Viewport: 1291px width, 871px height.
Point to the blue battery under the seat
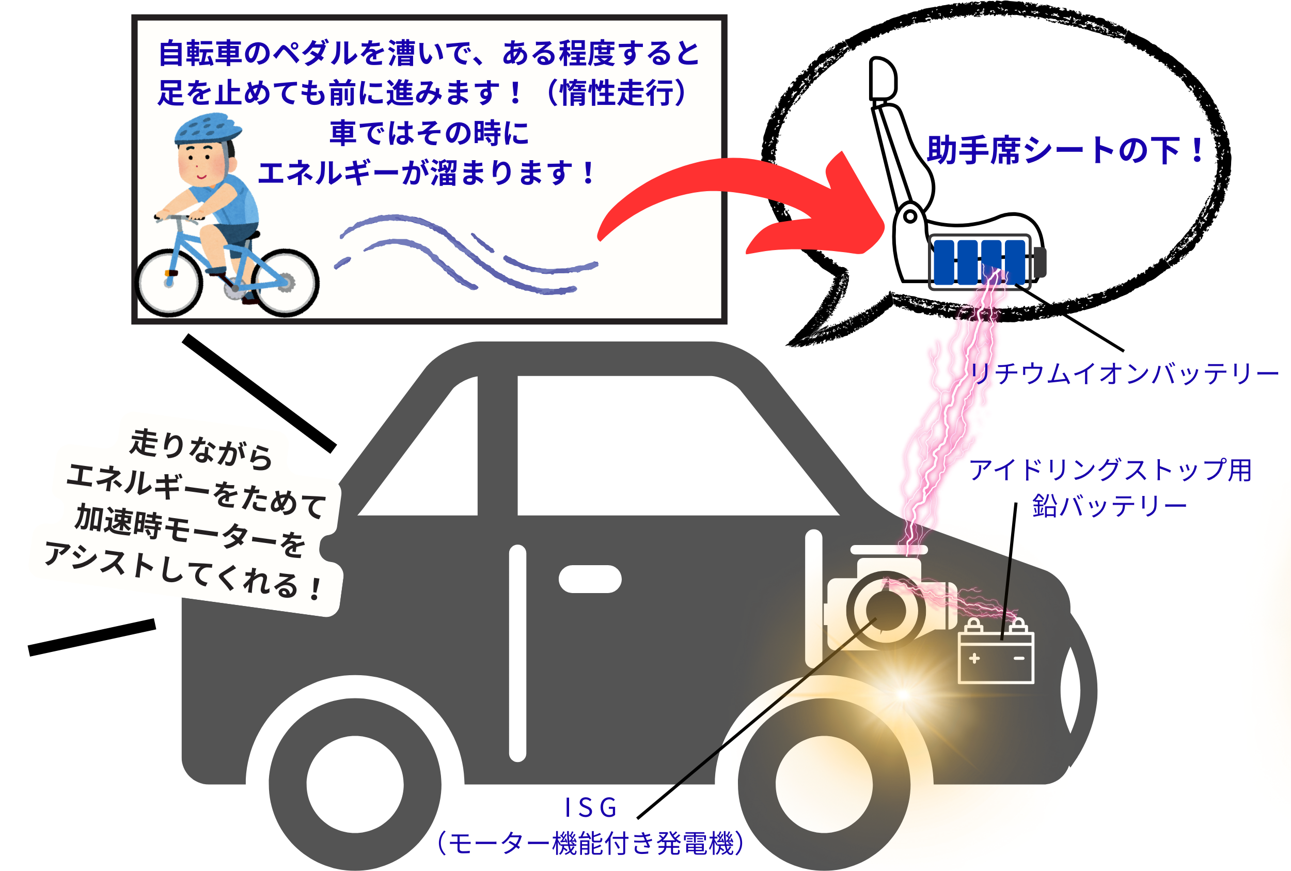coord(980,261)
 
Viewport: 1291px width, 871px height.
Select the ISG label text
coord(591,808)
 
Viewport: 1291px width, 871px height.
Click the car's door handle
coord(590,579)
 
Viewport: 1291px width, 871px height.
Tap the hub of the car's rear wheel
coord(355,784)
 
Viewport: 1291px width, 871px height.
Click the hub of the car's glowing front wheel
coord(824,784)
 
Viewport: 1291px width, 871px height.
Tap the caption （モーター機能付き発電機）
coord(590,844)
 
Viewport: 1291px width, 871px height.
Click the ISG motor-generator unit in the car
coord(886,610)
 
